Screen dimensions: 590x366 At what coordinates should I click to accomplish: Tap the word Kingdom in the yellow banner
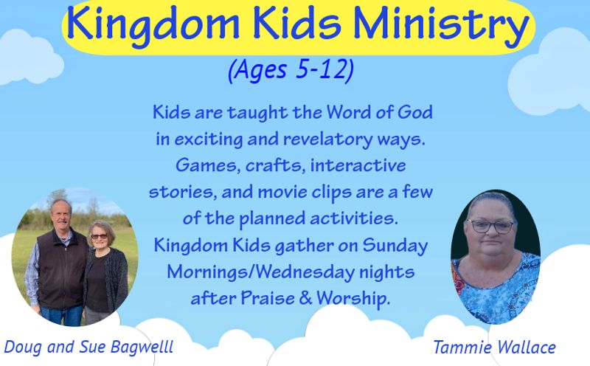point(153,24)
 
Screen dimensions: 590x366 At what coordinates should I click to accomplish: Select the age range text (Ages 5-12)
point(291,70)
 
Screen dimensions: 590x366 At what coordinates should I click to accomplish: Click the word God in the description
point(415,112)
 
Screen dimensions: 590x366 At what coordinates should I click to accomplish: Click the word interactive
point(358,166)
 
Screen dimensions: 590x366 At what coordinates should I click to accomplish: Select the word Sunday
point(395,246)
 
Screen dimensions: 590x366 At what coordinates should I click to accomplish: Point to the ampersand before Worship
point(305,299)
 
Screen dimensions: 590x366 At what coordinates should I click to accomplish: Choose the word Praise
point(268,299)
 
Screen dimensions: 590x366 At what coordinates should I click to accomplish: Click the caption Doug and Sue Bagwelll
point(88,347)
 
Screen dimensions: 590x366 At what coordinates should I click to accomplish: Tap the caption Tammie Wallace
point(494,347)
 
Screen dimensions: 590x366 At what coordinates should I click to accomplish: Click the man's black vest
point(62,269)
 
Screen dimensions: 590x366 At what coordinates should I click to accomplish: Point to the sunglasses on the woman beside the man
point(99,236)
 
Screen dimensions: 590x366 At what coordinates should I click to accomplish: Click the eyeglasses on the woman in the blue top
point(490,226)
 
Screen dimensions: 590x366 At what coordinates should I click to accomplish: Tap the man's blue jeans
point(61,315)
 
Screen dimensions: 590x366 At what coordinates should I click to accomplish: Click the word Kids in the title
point(296,24)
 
